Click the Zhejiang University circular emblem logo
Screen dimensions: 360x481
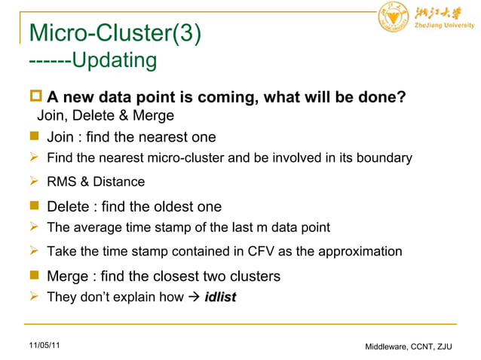pyautogui.click(x=392, y=17)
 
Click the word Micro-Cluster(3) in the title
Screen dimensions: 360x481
pyautogui.click(x=114, y=33)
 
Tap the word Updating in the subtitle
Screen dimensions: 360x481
pyautogui.click(x=114, y=59)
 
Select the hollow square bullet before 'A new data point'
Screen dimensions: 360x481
pyautogui.click(x=34, y=97)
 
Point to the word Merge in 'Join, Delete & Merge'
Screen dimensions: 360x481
pyautogui.click(x=156, y=115)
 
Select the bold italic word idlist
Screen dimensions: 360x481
pyautogui.click(x=220, y=297)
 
